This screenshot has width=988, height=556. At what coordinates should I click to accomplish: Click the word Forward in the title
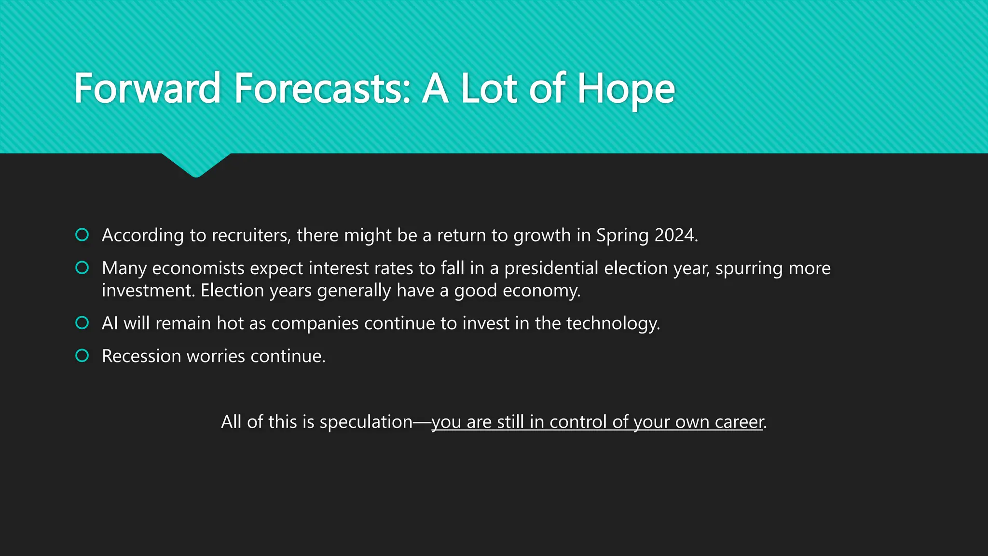point(147,89)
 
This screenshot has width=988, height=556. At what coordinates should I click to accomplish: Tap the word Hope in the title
point(626,90)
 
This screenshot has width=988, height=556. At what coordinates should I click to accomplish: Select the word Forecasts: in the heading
point(322,89)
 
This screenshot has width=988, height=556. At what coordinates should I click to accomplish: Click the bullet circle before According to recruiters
point(82,235)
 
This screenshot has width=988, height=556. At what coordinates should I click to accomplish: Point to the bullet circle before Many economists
point(82,268)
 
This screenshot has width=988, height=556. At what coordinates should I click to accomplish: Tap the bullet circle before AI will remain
point(82,323)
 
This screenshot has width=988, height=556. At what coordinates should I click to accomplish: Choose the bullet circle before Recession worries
point(82,356)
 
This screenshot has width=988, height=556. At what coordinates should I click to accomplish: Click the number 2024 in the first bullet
point(675,236)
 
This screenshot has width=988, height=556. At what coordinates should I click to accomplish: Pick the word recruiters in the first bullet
point(250,236)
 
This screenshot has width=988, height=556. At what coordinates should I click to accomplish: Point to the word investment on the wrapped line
point(148,291)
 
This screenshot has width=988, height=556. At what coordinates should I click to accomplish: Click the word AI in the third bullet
point(110,323)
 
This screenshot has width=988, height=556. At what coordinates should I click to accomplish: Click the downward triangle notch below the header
point(196,165)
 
